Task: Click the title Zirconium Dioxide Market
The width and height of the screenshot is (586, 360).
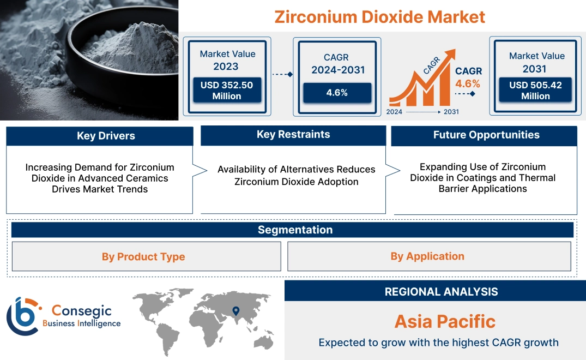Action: [x=379, y=17]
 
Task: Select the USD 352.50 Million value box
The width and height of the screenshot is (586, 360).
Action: [x=226, y=91]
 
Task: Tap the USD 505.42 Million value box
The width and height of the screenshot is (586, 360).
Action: [x=535, y=91]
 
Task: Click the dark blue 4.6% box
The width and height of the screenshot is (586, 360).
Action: [x=337, y=93]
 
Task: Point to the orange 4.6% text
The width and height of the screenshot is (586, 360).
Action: [x=468, y=83]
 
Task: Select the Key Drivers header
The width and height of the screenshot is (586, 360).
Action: [x=106, y=136]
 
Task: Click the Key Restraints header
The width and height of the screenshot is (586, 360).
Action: [x=293, y=135]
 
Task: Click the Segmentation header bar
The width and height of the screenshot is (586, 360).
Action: [x=295, y=230]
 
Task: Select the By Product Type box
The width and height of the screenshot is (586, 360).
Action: [x=143, y=256]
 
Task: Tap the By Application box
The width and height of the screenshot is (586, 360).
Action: [x=427, y=256]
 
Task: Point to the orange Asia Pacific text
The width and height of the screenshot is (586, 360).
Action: [x=445, y=321]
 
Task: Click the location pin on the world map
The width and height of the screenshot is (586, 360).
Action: [x=235, y=311]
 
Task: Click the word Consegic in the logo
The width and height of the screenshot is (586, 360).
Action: [x=81, y=311]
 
